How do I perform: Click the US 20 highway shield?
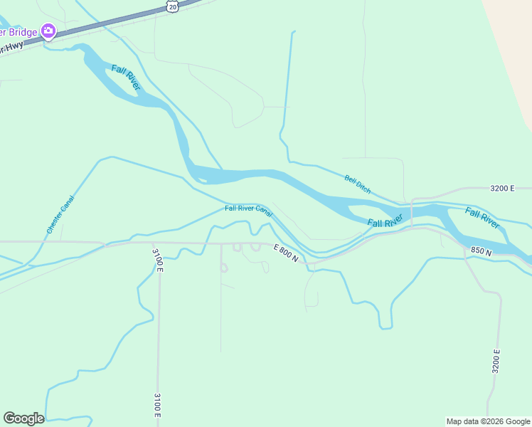pos(172,6)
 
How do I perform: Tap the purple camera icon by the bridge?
pos(48,31)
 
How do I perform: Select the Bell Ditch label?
pos(358,184)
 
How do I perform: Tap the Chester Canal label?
pos(60,214)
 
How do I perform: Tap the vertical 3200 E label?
pos(496,362)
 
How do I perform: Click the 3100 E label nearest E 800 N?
pos(158,260)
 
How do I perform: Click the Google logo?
pos(23,418)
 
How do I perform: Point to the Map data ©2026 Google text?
pos(488,421)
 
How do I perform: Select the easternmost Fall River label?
pos(482,216)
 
